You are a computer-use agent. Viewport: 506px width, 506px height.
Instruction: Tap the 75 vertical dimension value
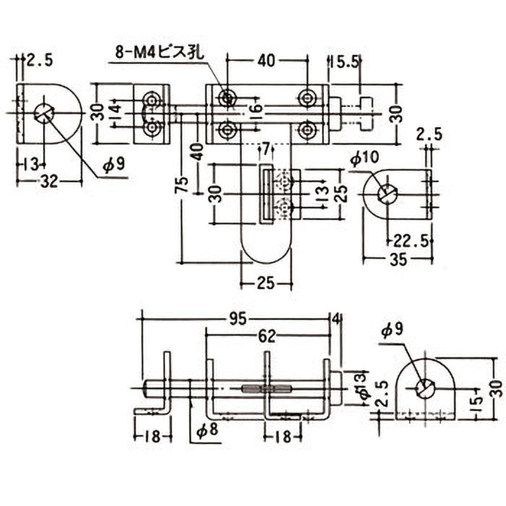[x=182, y=185]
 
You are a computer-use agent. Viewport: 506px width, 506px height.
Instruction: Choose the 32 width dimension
[x=49, y=182]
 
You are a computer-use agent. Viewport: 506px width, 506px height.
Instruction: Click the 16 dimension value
[x=256, y=110]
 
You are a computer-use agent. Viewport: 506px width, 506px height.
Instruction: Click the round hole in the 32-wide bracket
[x=44, y=113]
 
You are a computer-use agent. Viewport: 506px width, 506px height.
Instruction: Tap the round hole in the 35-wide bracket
[x=387, y=194]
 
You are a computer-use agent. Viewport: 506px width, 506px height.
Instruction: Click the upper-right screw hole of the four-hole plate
[x=307, y=98]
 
